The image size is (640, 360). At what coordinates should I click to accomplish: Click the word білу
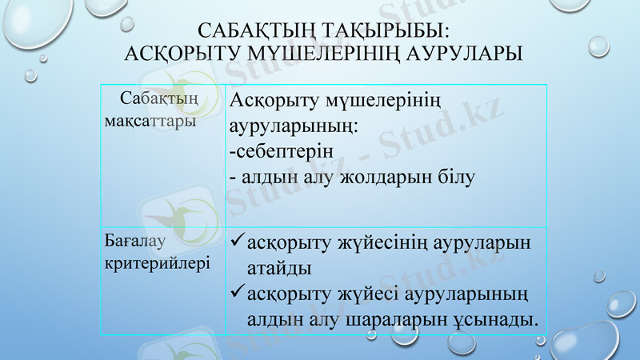coord(455,175)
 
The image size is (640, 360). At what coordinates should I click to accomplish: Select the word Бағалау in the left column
coord(135,238)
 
